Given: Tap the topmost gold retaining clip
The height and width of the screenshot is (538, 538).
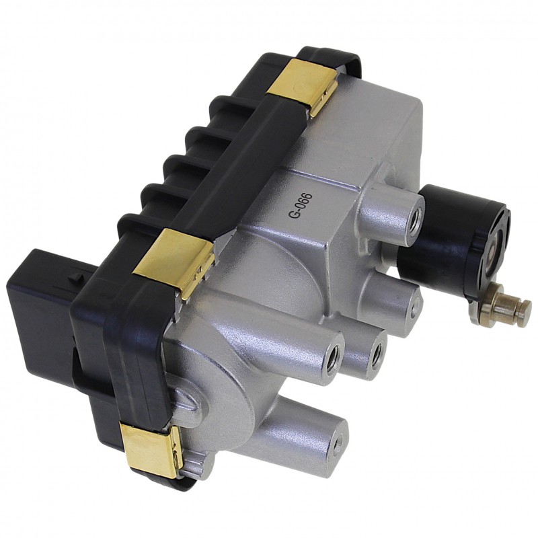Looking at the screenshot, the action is pyautogui.click(x=301, y=85).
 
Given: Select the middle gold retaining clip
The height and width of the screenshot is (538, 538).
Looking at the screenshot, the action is pyautogui.click(x=175, y=260).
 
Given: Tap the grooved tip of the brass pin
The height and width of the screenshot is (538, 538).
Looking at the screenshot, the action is pyautogui.click(x=525, y=306).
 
